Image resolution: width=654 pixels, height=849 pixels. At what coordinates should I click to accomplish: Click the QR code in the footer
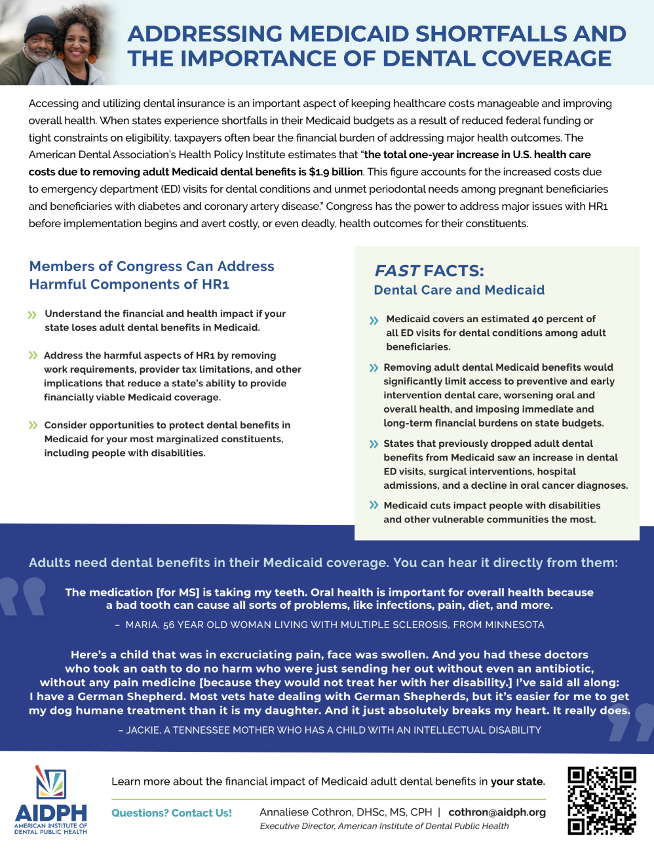point(602,800)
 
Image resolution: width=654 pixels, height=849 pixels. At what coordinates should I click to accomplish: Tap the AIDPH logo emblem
point(51,783)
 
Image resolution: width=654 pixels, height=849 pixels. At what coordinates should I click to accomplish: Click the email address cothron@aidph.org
point(497,812)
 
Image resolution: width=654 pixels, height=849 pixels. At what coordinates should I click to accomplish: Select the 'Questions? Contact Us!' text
point(172,813)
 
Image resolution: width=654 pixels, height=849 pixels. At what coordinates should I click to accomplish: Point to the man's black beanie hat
point(41,26)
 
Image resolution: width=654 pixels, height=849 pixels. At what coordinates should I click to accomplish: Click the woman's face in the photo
point(77,46)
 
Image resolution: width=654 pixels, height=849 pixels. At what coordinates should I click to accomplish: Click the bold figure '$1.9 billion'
point(336,172)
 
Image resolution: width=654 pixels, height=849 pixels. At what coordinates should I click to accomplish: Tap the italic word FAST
point(396,271)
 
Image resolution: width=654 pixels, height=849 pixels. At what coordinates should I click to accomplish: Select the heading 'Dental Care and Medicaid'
point(459,290)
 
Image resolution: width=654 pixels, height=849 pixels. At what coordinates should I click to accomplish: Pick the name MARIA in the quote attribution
point(141,625)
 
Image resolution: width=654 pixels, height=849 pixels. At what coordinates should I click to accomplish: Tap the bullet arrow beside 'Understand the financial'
point(32,315)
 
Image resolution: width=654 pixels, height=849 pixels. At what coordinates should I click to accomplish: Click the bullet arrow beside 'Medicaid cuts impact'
point(374,505)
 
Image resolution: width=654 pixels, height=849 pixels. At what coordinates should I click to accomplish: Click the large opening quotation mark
point(23,596)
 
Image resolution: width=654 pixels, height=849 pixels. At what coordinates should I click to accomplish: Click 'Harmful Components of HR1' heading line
point(129,284)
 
